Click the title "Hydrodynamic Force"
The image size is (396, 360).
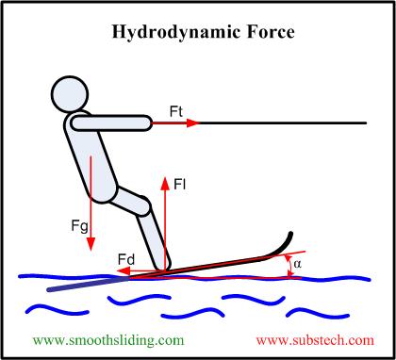tap(198, 32)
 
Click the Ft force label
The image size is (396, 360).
tap(177, 111)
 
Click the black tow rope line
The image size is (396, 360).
tap(283, 123)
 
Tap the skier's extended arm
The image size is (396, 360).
tap(108, 122)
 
